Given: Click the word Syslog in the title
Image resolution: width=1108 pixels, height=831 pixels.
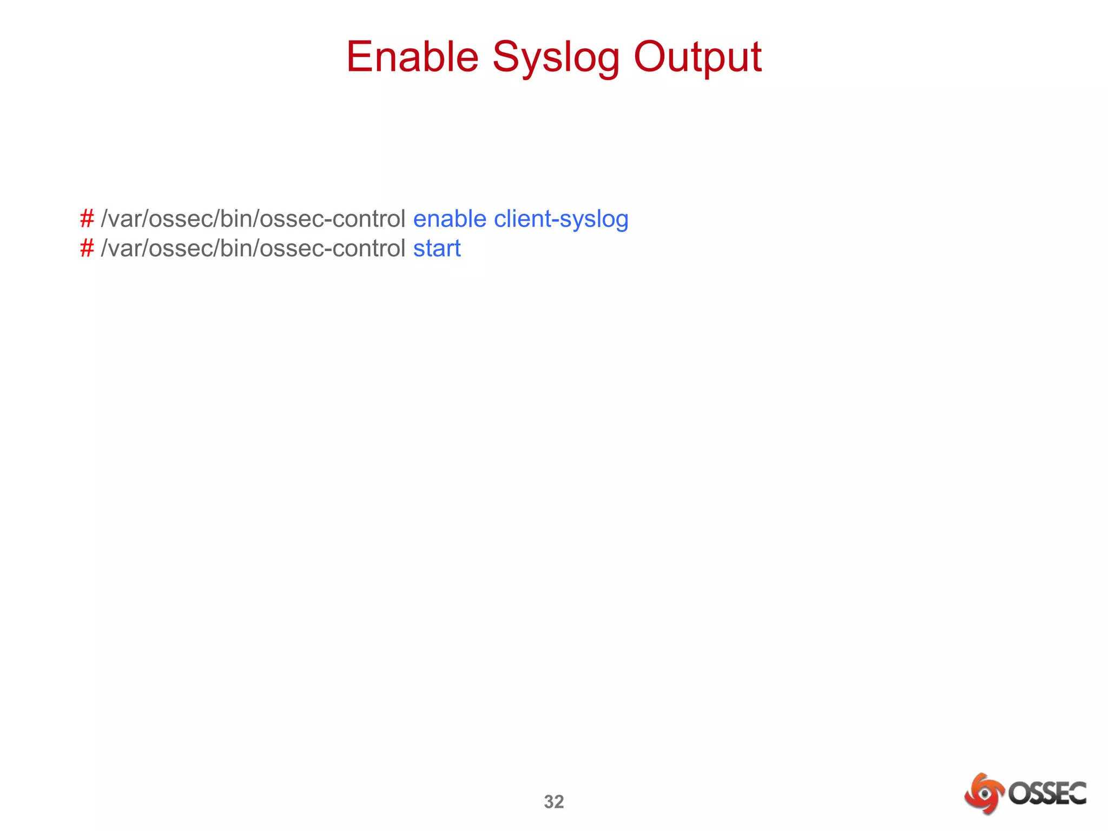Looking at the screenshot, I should coord(556,58).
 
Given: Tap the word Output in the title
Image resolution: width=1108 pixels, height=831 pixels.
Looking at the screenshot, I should coord(697,58).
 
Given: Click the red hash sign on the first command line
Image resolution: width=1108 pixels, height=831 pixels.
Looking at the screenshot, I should coord(87,219).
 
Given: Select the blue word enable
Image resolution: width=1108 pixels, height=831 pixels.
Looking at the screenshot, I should coord(450,219).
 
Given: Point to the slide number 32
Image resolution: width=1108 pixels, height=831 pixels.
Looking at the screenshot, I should coord(553,802).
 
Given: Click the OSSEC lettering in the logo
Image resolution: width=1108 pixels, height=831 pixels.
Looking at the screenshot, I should coord(1047,794).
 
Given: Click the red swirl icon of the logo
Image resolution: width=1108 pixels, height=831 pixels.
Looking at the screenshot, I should coord(984,794).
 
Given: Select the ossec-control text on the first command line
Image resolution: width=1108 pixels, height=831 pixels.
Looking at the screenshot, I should coord(332,219).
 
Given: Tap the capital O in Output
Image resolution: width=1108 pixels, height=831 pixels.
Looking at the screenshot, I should coord(652,57).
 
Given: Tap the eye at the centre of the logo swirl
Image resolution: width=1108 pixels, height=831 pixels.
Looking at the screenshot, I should coord(985,794).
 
